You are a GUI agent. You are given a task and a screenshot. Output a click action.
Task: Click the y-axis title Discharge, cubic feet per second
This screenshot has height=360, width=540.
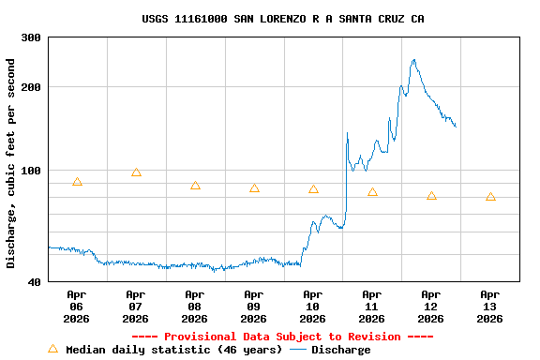coord(11,163)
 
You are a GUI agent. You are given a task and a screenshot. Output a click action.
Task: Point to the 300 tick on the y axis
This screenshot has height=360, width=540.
coord(31,37)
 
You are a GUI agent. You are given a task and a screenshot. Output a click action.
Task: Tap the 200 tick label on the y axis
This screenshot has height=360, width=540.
coord(31,87)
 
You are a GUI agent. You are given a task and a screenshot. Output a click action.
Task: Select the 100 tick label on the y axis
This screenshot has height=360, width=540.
coord(31,171)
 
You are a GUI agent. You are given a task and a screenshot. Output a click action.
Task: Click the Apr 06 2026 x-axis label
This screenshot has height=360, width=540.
coord(77,307)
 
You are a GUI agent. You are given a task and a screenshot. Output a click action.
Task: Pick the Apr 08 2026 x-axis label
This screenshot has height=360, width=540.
coord(195,307)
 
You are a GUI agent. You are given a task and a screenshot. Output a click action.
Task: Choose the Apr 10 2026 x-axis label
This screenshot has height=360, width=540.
coord(313,307)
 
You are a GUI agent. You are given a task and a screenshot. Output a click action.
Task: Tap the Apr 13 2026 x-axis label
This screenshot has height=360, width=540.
coord(490,307)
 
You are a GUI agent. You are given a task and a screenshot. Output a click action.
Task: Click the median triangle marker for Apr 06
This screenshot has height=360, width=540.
coord(77,182)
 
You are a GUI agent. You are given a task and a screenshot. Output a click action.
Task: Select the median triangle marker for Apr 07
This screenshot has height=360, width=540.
coord(136,172)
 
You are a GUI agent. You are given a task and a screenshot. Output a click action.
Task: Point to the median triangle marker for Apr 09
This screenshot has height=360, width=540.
coord(254,188)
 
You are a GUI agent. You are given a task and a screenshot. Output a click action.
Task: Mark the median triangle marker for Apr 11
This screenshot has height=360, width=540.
coord(372,192)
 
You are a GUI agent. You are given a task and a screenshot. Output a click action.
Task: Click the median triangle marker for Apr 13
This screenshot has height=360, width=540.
coord(490,197)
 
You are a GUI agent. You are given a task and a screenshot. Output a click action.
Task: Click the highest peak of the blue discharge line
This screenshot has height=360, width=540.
coord(413,60)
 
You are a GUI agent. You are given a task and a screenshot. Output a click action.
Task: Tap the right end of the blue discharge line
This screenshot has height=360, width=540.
coord(456,126)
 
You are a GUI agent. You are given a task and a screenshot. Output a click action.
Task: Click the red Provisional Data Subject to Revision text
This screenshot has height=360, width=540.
coord(282,337)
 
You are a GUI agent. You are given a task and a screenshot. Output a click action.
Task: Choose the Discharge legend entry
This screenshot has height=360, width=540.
coord(330,350)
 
